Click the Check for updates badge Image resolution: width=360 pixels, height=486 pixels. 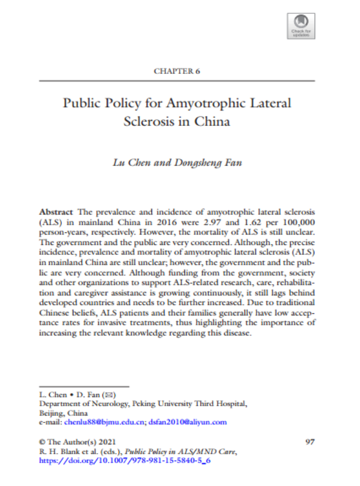coord(301,25)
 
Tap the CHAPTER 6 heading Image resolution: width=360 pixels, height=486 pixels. coord(177,71)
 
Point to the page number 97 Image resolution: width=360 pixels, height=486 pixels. coord(309,442)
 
